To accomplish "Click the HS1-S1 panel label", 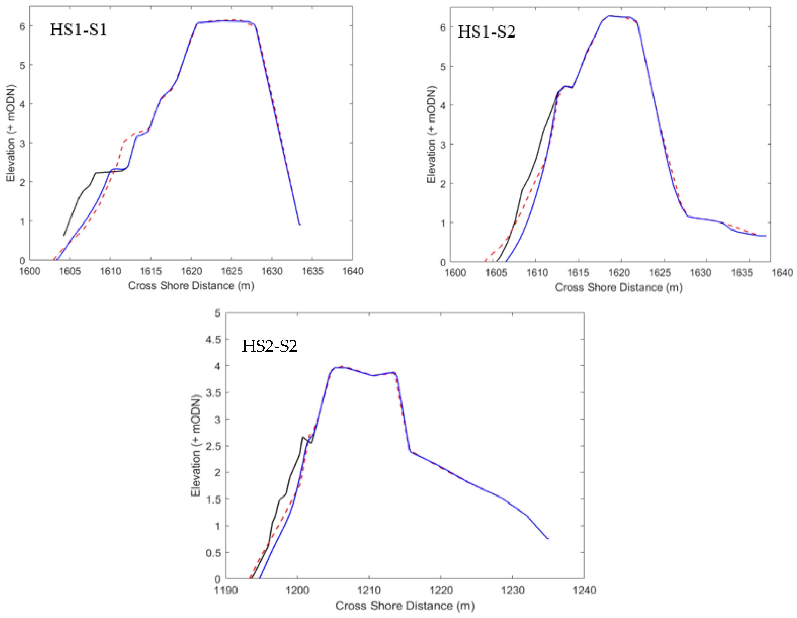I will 78,30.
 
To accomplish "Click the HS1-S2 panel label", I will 486,32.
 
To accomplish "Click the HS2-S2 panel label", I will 270,346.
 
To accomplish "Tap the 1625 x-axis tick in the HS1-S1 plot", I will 232,271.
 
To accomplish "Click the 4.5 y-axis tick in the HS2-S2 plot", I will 213,340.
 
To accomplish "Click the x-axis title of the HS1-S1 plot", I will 191,286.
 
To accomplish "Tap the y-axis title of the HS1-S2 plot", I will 431,134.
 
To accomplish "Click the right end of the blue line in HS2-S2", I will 548,538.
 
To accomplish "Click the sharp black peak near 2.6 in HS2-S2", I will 303,437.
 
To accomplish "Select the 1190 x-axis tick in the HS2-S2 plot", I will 226,590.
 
